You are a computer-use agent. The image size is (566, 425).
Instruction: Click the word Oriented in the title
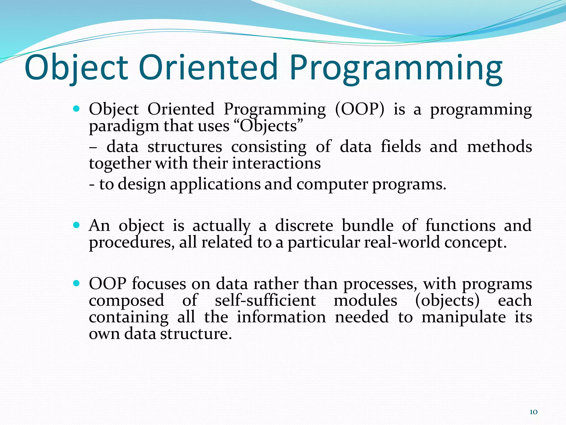(208, 67)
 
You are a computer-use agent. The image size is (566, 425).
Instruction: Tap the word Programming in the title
(396, 69)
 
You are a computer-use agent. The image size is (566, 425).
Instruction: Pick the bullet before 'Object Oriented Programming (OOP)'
(77, 108)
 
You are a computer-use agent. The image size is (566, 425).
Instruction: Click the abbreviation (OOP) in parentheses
(359, 109)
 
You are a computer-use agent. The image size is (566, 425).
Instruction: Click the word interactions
(276, 163)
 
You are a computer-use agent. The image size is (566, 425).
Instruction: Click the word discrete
(304, 225)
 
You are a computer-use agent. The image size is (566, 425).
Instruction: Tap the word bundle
(367, 225)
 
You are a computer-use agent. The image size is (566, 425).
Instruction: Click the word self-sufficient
(265, 300)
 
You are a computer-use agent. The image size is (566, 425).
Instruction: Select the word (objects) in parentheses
(447, 301)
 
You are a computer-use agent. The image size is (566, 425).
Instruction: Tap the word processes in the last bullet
(380, 284)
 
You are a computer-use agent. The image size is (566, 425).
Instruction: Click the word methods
(499, 146)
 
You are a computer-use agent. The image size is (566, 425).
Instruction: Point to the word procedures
(132, 243)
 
